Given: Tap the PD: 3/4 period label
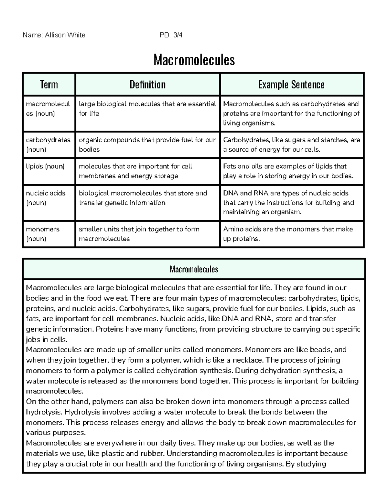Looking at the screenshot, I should pos(171,35).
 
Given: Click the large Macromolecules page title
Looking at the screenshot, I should pos(194,60).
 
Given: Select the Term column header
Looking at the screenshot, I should pos(49,85).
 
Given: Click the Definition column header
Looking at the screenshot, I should pos(147,85).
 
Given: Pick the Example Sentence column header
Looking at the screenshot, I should pos(291,85).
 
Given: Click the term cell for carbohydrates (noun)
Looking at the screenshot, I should pos(48,145).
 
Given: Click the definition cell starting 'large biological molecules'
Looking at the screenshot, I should pos(147,109).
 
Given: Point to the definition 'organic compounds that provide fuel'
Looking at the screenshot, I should pos(147,145).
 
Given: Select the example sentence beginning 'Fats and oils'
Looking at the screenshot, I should pos(288,171).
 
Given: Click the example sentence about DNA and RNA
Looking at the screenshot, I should pos(288,202).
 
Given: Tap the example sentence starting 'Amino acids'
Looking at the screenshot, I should pos(288,234).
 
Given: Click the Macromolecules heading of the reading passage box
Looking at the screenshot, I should pos(194,269).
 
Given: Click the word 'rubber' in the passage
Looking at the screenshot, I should pos(152,454).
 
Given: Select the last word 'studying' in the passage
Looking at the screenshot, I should pos(312,464).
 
